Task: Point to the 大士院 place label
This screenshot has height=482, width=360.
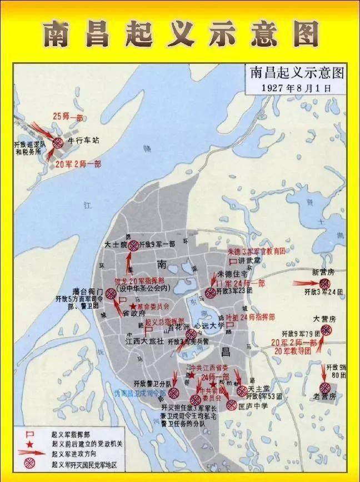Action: [116, 244]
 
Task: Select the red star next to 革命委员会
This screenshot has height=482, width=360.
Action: [132, 307]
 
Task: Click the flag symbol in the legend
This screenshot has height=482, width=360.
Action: [32, 432]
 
